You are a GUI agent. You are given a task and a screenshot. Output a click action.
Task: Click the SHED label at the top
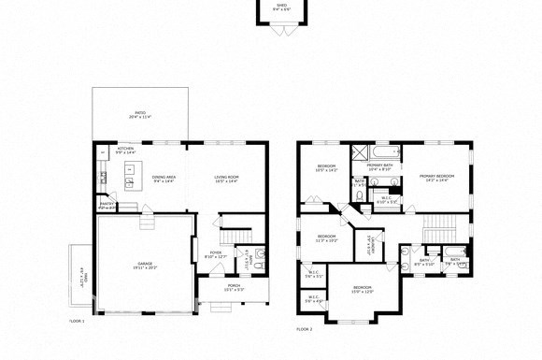[280, 6]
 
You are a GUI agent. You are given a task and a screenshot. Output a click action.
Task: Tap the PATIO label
[139, 115]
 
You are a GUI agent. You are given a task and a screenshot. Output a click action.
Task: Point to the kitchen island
[132, 170]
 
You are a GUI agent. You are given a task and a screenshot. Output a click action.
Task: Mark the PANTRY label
[107, 205]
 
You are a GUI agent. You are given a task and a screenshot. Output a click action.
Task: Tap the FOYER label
[215, 253]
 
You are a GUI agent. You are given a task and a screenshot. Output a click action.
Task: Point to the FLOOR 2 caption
[305, 329]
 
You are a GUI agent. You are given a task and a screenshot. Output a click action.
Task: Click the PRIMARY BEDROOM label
[436, 178]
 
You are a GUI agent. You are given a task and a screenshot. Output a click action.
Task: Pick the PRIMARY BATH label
[379, 166]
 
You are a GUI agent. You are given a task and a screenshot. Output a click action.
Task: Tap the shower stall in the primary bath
[361, 153]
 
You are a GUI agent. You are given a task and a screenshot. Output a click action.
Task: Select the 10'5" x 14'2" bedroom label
[326, 168]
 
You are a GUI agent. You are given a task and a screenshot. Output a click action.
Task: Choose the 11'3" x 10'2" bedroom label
[326, 238]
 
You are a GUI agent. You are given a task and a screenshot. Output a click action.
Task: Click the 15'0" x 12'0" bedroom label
[362, 290]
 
